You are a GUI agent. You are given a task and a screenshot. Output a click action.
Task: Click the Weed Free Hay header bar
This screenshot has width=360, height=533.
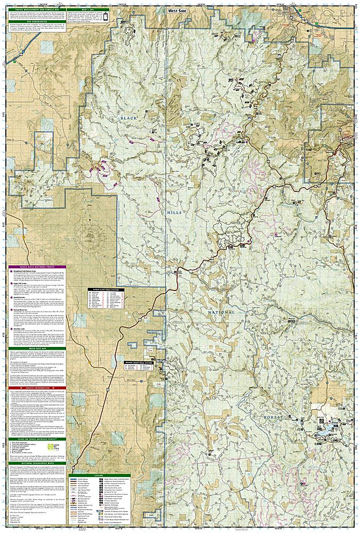pyautogui.click(x=35, y=348)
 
